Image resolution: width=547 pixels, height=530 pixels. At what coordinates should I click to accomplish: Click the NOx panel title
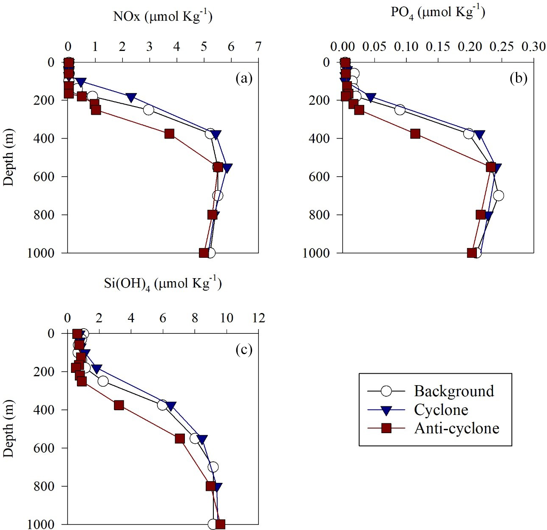click(163, 16)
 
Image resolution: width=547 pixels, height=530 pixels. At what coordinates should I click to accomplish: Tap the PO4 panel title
click(438, 12)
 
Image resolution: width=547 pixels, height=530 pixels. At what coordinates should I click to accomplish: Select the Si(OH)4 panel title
click(163, 283)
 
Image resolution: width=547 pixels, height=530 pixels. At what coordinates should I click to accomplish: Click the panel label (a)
click(244, 78)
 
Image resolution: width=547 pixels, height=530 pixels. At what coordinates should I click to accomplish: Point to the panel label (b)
click(519, 78)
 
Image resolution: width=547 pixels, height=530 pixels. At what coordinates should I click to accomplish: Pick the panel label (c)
click(244, 350)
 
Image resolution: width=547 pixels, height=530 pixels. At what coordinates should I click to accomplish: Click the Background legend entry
click(454, 391)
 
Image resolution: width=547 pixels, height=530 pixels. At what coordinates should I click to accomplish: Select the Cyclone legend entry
click(441, 410)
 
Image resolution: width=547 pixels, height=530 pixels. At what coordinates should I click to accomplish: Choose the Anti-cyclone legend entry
click(456, 428)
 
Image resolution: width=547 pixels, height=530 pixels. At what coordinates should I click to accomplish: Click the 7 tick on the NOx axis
click(258, 46)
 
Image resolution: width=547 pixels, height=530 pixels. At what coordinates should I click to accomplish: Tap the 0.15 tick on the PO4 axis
click(438, 46)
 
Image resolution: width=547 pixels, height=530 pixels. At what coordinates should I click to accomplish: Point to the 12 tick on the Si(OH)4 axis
click(258, 318)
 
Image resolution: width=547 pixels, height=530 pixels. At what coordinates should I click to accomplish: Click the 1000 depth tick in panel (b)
click(316, 253)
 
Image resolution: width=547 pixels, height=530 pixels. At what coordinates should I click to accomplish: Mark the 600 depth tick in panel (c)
click(45, 448)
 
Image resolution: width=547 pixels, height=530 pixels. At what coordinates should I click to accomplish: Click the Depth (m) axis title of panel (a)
click(9, 157)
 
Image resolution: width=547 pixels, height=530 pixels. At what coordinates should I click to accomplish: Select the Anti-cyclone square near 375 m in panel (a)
click(170, 134)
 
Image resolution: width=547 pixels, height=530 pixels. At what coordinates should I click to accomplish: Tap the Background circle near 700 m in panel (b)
click(499, 196)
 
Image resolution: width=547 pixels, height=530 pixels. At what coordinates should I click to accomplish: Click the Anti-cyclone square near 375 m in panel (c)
click(119, 405)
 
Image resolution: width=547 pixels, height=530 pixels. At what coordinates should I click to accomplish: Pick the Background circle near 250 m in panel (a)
click(148, 110)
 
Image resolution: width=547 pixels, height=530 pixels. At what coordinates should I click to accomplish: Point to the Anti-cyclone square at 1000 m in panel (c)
click(220, 524)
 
